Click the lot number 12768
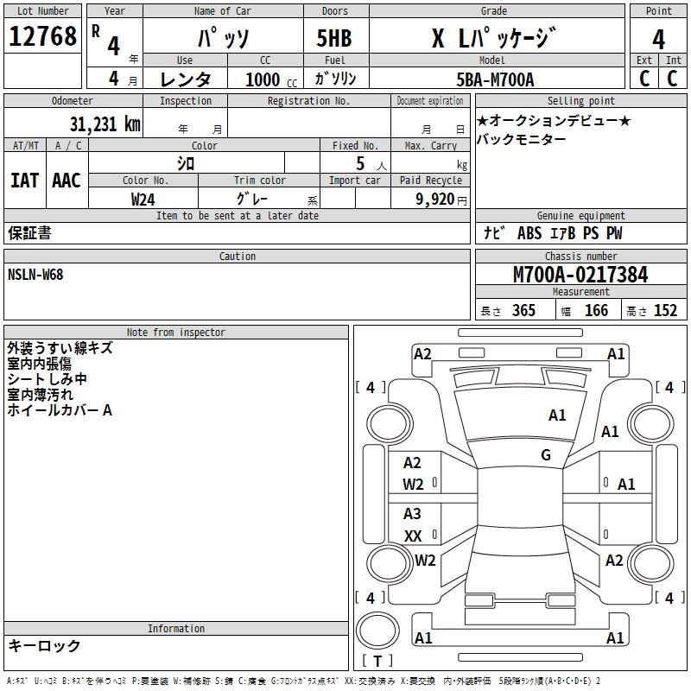(43, 37)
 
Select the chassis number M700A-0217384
(580, 275)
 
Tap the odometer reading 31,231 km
(105, 124)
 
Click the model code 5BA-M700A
(495, 79)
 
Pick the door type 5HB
(334, 39)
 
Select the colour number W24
(143, 199)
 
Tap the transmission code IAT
(24, 181)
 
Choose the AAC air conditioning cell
(67, 181)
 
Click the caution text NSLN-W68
(35, 275)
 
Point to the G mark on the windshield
(546, 455)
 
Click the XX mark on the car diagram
(413, 536)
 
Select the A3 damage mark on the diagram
(412, 515)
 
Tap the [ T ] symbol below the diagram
(377, 661)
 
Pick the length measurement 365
(523, 311)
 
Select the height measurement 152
(665, 311)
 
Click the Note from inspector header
(175, 332)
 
